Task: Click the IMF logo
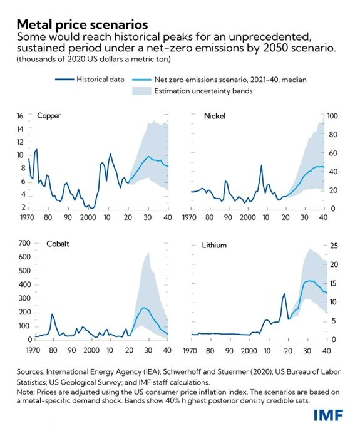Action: tap(328, 415)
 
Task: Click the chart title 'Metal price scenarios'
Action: tap(82, 24)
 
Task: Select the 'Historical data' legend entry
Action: tap(90, 80)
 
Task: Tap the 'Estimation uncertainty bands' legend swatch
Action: tap(141, 91)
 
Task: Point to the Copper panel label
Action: tap(49, 116)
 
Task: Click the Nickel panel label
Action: tap(215, 116)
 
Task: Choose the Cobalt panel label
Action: tap(58, 244)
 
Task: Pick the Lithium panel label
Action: tap(214, 246)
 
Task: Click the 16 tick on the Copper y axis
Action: tap(20, 116)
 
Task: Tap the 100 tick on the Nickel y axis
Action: tap(332, 116)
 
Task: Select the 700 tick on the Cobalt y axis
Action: tap(24, 243)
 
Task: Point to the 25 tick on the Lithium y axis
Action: tap(334, 246)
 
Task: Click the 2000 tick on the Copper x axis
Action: tap(88, 217)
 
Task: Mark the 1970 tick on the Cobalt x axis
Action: tap(33, 350)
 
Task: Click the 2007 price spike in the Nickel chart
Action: tap(261, 165)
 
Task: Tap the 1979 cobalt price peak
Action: tap(52, 314)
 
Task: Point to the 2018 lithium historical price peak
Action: tap(284, 294)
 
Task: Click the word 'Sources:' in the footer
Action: tap(31, 371)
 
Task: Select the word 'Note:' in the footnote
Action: tap(26, 392)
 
